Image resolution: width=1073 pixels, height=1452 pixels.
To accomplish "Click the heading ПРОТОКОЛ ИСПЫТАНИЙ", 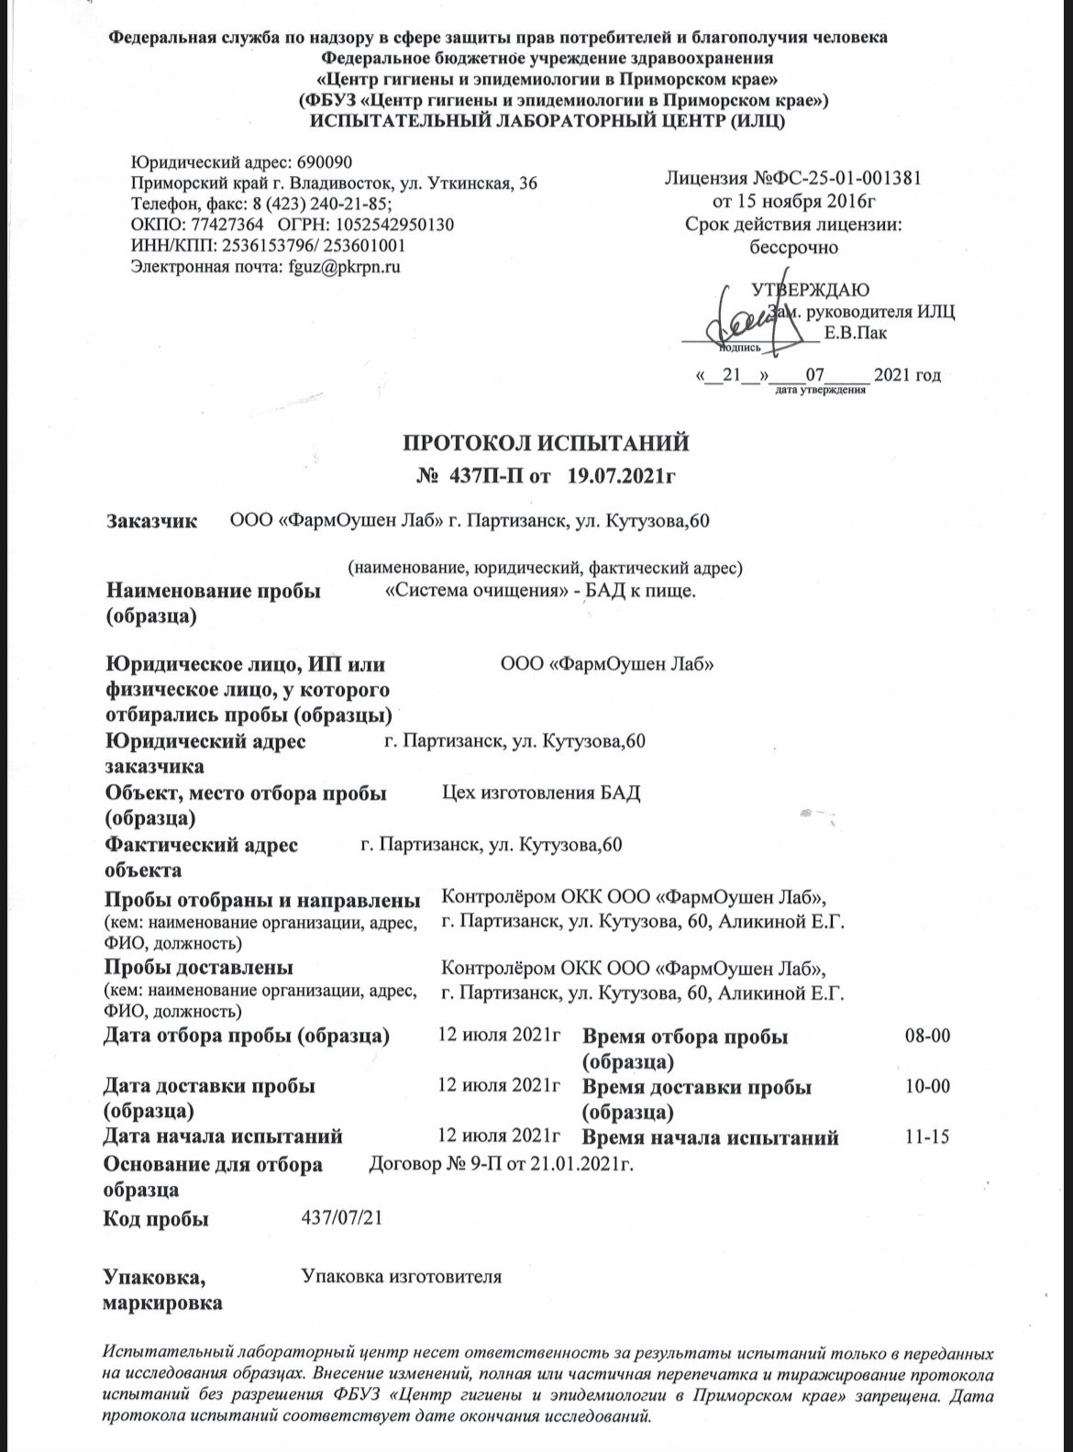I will (546, 445).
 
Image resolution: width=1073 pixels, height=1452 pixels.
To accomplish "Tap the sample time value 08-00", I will (927, 1036).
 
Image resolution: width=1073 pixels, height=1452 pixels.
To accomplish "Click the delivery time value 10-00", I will (927, 1087).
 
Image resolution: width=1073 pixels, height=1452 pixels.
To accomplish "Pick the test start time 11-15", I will (927, 1138).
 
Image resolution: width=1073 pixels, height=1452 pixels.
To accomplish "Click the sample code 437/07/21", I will (341, 1218).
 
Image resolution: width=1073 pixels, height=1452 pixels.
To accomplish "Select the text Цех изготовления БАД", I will (541, 793).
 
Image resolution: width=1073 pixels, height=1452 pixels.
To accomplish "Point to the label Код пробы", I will (157, 1219).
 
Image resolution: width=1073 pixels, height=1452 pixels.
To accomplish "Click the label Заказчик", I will (152, 522).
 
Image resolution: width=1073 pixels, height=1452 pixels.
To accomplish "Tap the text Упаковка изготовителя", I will (402, 1276).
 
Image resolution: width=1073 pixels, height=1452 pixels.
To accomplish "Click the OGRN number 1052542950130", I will (399, 225).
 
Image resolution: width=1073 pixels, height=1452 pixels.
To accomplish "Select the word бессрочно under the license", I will (794, 247).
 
